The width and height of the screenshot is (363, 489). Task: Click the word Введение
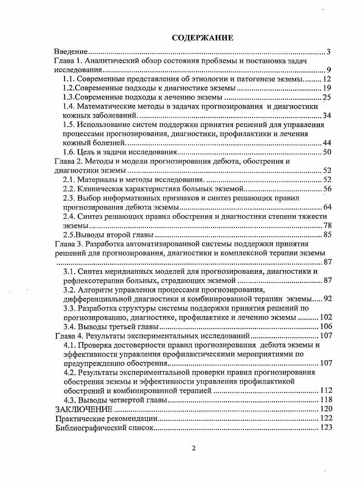pos(71,52)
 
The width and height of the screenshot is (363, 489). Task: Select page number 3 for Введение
pos(328,52)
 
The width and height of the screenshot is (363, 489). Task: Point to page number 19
pos(327,89)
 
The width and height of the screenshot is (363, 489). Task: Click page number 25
pos(327,98)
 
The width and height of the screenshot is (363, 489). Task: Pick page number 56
pos(327,189)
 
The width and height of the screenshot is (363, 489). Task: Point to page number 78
pos(327,226)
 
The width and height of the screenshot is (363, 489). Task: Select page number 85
pos(327,235)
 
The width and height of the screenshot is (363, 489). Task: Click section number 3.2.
pos(69,290)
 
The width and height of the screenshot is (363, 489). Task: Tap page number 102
pos(325,317)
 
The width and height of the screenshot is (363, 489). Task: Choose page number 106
pos(325,326)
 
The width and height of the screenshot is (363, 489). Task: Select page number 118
pos(325,400)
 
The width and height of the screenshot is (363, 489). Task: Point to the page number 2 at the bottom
pos(194,449)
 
